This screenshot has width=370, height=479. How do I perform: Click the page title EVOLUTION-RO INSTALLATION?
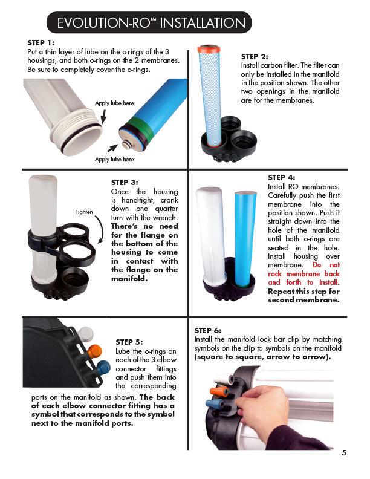pyautogui.click(x=151, y=23)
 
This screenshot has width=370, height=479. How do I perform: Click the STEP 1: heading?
pyautogui.click(x=41, y=43)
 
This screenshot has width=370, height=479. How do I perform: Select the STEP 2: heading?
pyautogui.click(x=255, y=56)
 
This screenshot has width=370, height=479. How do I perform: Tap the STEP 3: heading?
pyautogui.click(x=125, y=181)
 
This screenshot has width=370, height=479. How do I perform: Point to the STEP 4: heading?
pyautogui.click(x=281, y=177)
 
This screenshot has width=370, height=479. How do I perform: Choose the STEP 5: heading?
pyautogui.click(x=129, y=342)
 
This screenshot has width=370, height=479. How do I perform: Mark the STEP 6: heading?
pyautogui.click(x=208, y=331)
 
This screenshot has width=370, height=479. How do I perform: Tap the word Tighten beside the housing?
pyautogui.click(x=84, y=212)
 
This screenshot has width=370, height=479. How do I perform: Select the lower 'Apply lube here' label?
pyautogui.click(x=114, y=159)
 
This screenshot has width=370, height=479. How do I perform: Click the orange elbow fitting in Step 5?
pyautogui.click(x=94, y=351)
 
